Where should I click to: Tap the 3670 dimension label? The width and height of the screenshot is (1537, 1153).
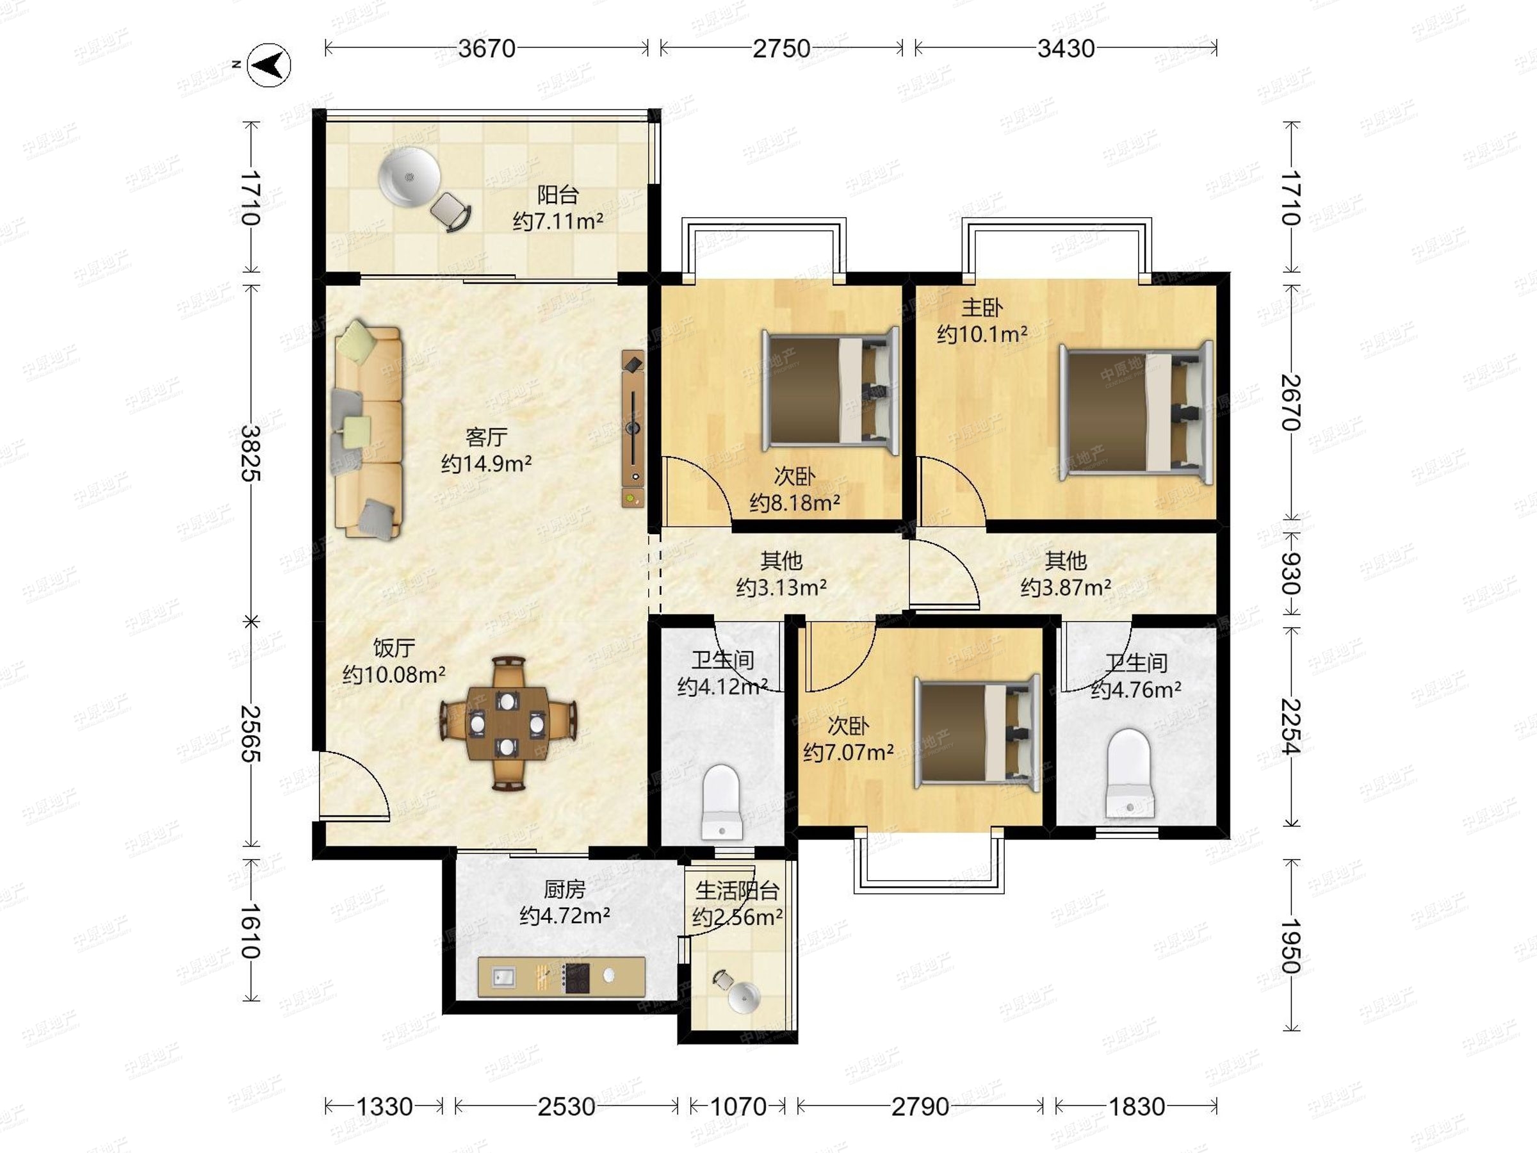pyautogui.click(x=486, y=49)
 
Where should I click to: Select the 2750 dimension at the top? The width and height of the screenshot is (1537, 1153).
pyautogui.click(x=782, y=49)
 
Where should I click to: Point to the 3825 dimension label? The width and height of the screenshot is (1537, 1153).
pyautogui.click(x=250, y=453)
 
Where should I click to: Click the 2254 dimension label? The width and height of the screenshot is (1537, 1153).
pyautogui.click(x=1290, y=726)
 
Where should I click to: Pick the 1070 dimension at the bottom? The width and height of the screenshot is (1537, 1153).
pyautogui.click(x=738, y=1106)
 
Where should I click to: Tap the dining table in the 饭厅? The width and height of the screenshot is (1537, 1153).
pyautogui.click(x=507, y=723)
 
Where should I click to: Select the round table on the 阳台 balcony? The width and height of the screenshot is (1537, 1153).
pyautogui.click(x=409, y=178)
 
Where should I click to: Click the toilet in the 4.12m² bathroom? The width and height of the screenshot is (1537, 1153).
pyautogui.click(x=722, y=802)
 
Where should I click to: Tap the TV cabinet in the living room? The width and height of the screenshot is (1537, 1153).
pyautogui.click(x=633, y=429)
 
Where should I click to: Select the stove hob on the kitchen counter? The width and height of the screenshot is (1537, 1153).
pyautogui.click(x=576, y=977)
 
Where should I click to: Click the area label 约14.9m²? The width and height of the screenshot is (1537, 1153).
pyautogui.click(x=486, y=464)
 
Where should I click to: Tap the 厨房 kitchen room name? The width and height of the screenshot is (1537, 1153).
pyautogui.click(x=564, y=889)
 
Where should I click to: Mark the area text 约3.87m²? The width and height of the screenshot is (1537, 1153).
pyautogui.click(x=1065, y=588)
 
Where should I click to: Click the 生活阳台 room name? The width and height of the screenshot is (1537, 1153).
pyautogui.click(x=737, y=890)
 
